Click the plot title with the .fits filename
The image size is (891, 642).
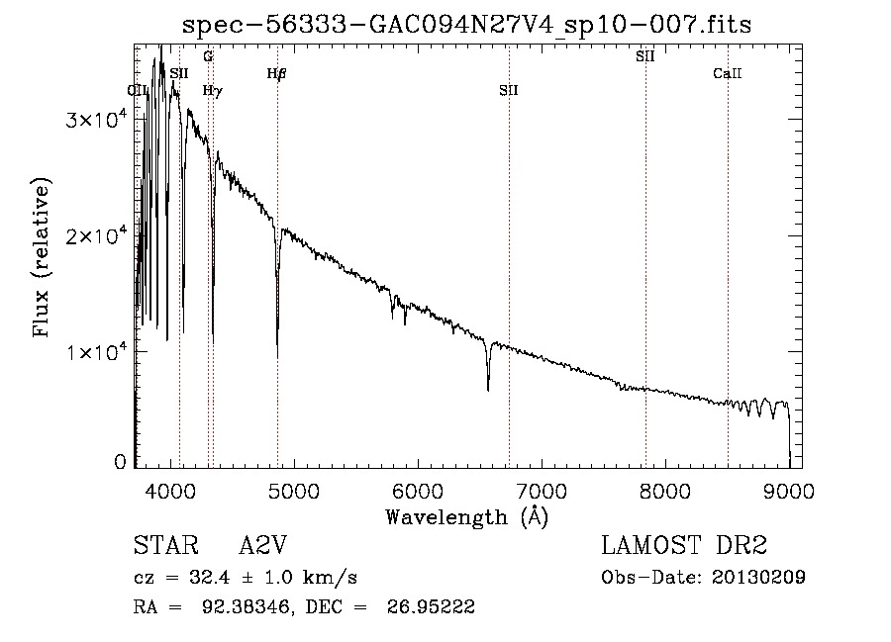(467, 26)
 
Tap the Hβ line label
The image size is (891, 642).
(276, 73)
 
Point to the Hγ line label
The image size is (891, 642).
(212, 90)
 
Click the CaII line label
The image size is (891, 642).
(728, 73)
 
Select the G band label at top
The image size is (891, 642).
(208, 56)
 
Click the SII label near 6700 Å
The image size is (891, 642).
(509, 90)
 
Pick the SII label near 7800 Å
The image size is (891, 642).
(644, 56)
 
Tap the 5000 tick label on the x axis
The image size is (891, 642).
(295, 489)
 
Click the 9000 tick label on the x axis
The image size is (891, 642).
(789, 489)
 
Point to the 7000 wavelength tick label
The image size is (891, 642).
(542, 489)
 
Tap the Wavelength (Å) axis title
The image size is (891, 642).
(466, 515)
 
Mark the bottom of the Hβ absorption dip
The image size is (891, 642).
(277, 356)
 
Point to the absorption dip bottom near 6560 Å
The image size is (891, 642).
(488, 390)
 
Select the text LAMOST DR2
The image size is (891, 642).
(684, 546)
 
